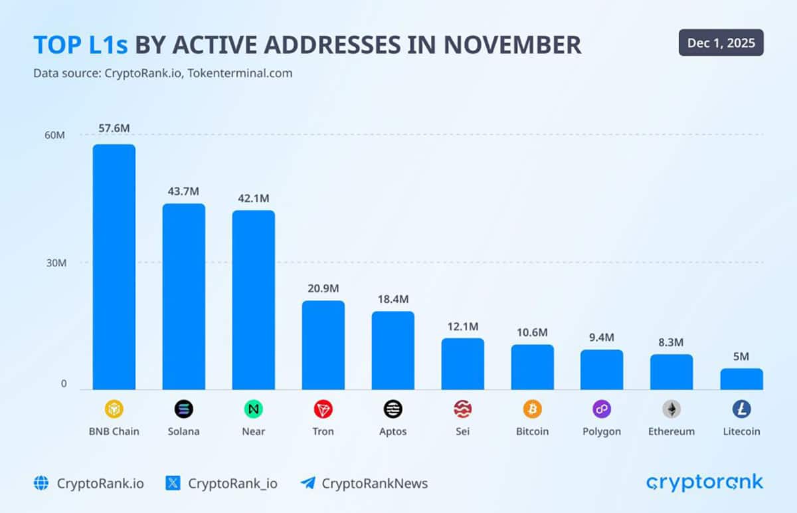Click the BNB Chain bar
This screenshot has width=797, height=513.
(114, 266)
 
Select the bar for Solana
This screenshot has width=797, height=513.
(184, 296)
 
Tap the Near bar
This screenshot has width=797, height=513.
(253, 300)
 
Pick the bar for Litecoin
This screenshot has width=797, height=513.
(741, 379)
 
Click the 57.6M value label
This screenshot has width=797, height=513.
(114, 128)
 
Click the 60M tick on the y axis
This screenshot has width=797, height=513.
(55, 135)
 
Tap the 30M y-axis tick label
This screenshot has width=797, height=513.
(55, 262)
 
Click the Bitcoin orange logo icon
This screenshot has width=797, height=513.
(532, 409)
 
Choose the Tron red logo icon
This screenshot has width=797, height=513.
(323, 409)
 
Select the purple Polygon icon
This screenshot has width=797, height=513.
(602, 409)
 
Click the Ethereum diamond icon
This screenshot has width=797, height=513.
(671, 409)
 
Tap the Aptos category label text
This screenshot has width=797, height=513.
(393, 431)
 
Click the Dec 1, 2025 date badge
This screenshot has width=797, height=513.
(721, 43)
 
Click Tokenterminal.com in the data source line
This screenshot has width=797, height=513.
(240, 73)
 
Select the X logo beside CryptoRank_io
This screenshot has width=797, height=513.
(173, 483)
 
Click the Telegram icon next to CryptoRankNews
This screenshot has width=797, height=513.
(308, 483)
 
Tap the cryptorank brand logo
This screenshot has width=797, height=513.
(705, 482)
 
